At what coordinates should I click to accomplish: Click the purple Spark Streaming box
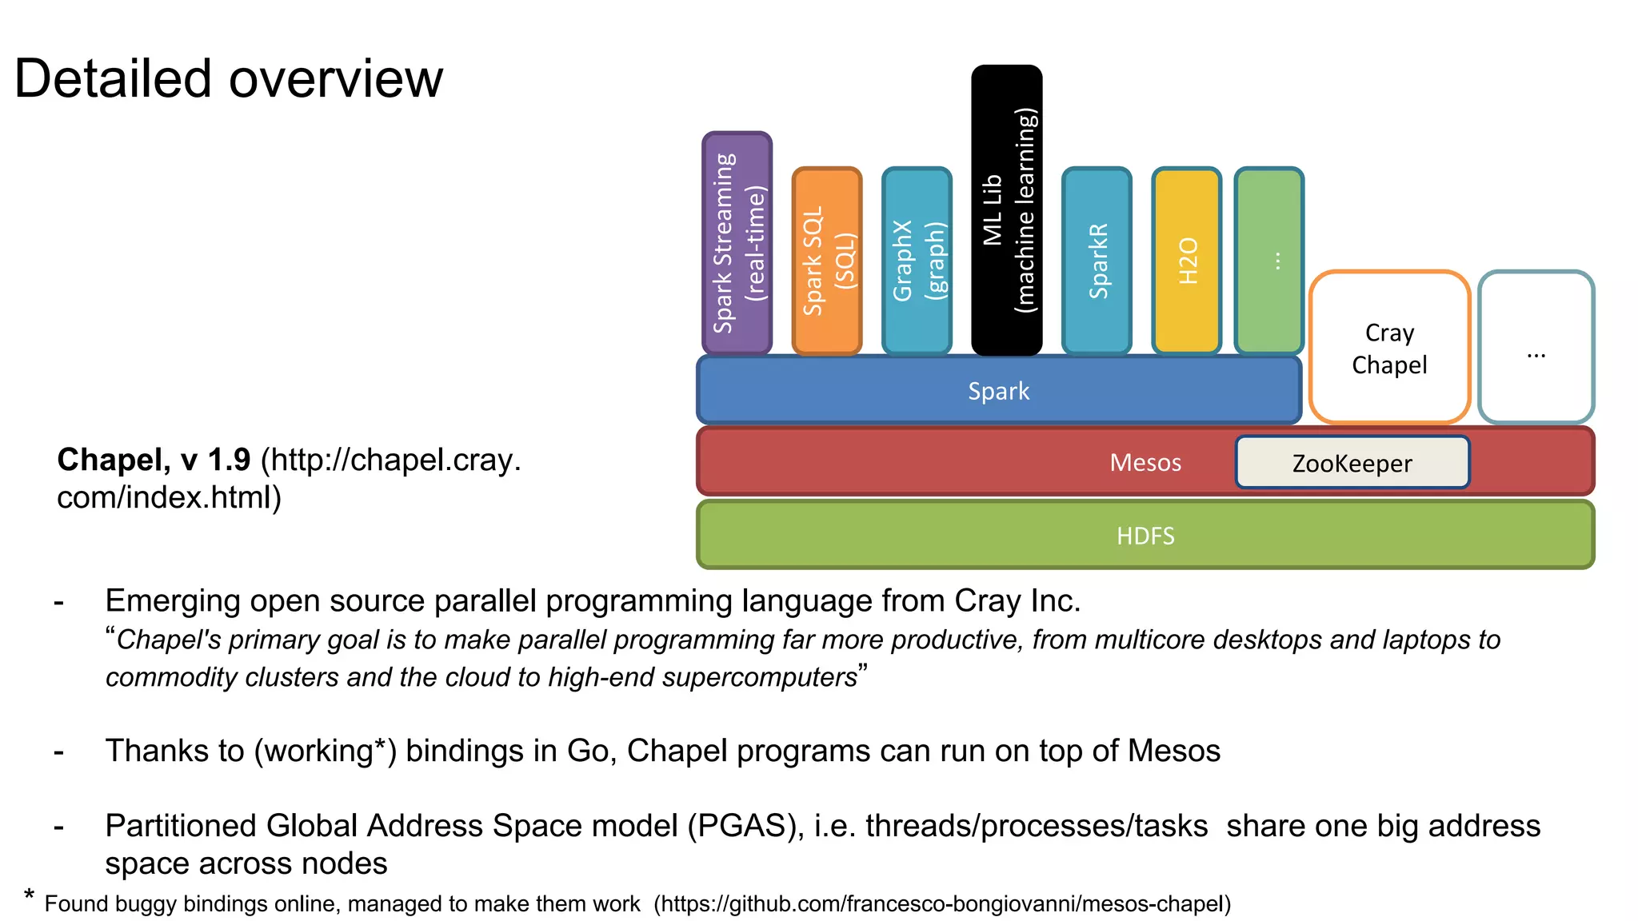[737, 243]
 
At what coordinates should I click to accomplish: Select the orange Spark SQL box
[827, 261]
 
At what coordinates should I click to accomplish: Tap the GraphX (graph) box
[917, 261]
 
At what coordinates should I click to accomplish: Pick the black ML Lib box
[1006, 210]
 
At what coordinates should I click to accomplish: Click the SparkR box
[1097, 261]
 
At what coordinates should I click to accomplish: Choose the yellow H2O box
[1187, 261]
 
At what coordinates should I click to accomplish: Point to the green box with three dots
[1269, 261]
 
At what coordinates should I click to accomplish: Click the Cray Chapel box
[1389, 348]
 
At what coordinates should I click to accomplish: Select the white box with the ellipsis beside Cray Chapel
[1536, 348]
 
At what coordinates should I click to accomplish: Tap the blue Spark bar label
[998, 391]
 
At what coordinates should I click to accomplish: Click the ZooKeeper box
[1352, 463]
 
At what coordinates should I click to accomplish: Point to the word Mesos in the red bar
[1145, 463]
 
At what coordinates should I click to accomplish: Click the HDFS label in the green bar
[1145, 536]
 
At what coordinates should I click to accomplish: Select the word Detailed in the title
[112, 79]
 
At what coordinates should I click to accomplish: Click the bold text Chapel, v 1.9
[154, 460]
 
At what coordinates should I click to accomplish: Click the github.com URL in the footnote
[942, 904]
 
